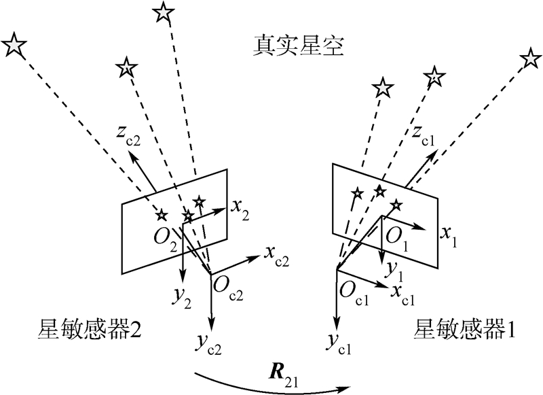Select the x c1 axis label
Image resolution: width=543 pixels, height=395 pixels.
click(404, 294)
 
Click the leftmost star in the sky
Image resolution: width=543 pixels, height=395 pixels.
click(15, 46)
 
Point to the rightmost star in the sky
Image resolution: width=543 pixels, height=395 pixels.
click(530, 58)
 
